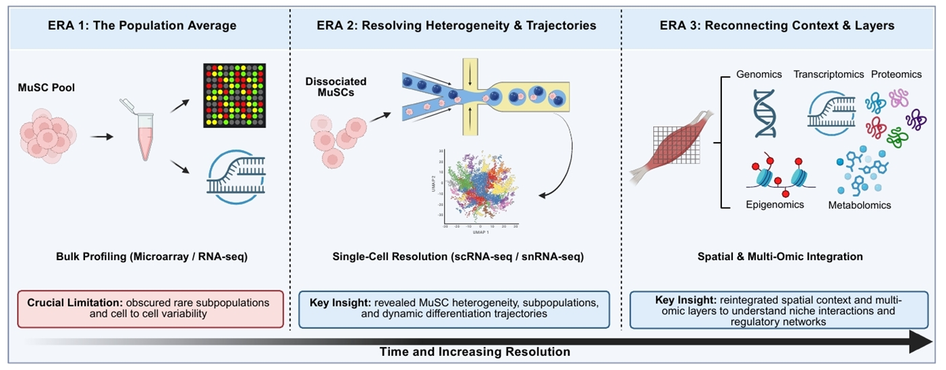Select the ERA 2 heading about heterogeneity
456,26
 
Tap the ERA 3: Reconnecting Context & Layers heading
777,26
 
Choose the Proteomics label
897,74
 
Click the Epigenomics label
775,204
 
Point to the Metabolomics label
860,205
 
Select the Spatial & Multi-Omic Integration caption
780,257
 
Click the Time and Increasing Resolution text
474,352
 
